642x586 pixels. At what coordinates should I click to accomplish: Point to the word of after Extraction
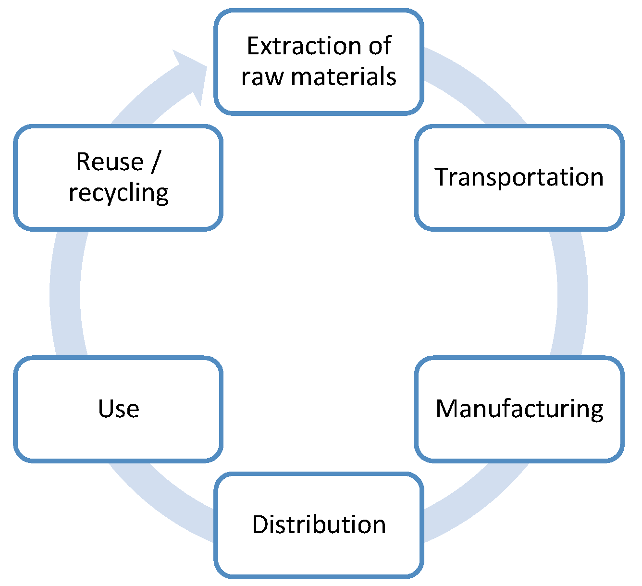click(x=380, y=47)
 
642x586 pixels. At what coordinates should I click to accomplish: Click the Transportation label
click(x=519, y=177)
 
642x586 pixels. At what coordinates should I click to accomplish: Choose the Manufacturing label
click(x=519, y=409)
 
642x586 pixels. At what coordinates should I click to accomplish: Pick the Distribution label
click(x=319, y=524)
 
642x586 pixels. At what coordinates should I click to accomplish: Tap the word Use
click(x=119, y=409)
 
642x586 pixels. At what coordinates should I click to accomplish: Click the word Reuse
click(x=110, y=162)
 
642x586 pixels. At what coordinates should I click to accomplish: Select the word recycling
click(x=119, y=193)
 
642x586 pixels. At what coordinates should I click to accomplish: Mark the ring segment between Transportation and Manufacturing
click(x=572, y=293)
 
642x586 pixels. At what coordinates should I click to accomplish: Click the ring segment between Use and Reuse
click(x=65, y=293)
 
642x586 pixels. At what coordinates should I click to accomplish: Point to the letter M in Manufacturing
click(x=446, y=409)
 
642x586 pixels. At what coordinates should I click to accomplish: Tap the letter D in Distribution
click(x=260, y=524)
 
